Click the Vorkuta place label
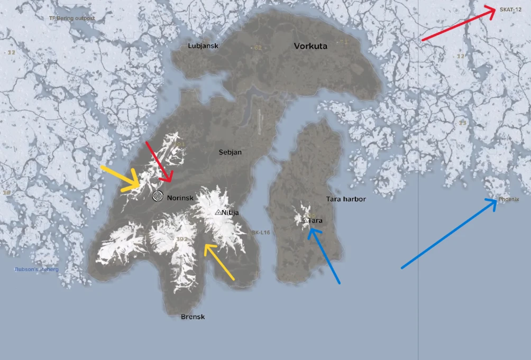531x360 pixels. (310, 46)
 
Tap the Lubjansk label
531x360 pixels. (203, 46)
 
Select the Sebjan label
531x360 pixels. (230, 152)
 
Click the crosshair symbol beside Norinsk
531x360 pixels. (158, 196)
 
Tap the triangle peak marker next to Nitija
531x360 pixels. (218, 212)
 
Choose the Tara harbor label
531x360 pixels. (346, 199)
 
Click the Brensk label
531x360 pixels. (193, 317)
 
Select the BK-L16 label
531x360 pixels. (260, 233)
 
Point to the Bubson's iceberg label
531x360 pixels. (36, 270)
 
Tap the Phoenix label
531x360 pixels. (509, 200)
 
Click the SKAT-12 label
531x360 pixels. (510, 10)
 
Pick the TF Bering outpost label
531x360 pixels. (72, 19)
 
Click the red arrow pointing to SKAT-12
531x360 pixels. (458, 24)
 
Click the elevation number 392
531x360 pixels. (181, 239)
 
